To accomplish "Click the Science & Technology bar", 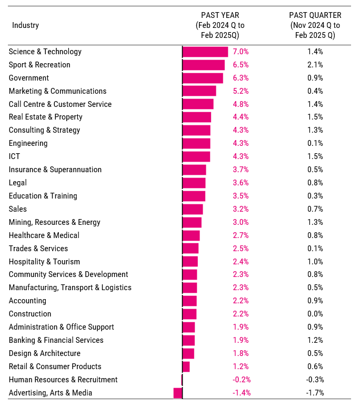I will (205, 52).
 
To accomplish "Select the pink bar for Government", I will (203, 78).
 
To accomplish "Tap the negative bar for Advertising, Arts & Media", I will (178, 393).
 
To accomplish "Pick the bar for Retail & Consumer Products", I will (186, 367).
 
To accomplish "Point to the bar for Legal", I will (194, 183).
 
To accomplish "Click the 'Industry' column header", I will (25, 25).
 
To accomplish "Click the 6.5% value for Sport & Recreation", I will (241, 65).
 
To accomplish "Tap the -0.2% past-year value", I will (242, 380).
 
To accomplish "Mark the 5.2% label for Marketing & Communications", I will (241, 91).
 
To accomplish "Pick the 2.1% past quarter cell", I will (315, 65).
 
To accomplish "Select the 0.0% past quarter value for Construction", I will (315, 314).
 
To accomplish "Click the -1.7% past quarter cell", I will (315, 393).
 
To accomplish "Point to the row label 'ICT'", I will (14, 156).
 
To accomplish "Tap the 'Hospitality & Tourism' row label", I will (44, 262).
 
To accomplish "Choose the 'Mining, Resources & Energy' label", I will (54, 222).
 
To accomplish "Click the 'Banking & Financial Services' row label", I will (56, 340).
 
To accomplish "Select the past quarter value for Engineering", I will (315, 143).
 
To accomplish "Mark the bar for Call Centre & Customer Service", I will (198, 104).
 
